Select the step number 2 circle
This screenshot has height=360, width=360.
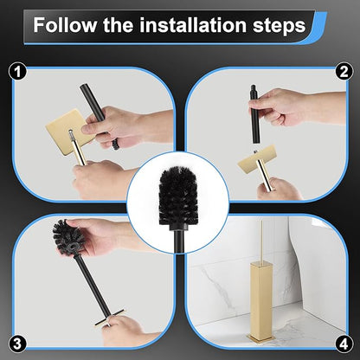(x=344, y=70)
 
